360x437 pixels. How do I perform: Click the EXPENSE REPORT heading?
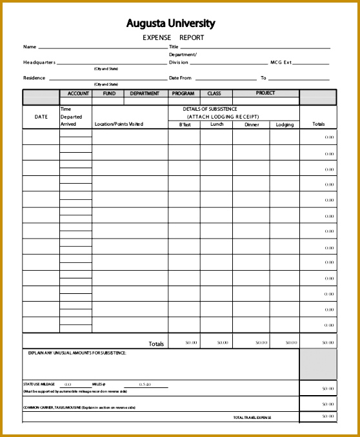tap(173, 38)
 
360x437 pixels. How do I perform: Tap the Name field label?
tap(30, 47)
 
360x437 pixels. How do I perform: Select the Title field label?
tap(174, 47)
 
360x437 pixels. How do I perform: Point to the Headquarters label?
tap(39, 63)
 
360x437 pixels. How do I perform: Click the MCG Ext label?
tap(281, 63)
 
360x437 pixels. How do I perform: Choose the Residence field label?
tap(34, 78)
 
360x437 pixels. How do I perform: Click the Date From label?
tap(181, 78)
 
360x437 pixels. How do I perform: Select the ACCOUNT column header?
tap(78, 93)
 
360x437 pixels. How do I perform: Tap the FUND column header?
tap(109, 93)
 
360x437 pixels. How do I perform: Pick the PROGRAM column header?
tap(183, 93)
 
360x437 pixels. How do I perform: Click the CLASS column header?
tap(214, 93)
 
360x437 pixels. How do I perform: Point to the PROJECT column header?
tap(265, 93)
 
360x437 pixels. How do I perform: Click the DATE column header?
tap(41, 117)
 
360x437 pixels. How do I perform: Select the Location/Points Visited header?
tap(119, 124)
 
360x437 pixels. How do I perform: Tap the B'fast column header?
tap(185, 124)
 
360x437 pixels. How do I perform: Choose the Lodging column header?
tap(285, 124)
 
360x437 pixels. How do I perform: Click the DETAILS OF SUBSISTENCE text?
tap(210, 109)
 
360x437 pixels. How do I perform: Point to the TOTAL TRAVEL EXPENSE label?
tap(252, 418)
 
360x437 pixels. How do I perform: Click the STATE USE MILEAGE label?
tap(40, 384)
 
